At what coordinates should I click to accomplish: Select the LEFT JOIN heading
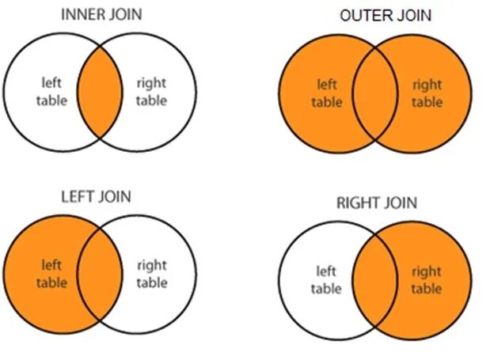pyautogui.click(x=96, y=195)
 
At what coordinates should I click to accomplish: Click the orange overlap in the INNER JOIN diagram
pyautogui.click(x=101, y=91)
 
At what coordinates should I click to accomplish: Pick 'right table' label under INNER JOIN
pyautogui.click(x=152, y=91)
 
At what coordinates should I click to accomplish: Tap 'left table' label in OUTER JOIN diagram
pyautogui.click(x=327, y=92)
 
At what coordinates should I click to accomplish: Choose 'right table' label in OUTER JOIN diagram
pyautogui.click(x=427, y=92)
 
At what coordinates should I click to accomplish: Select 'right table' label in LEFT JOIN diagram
pyautogui.click(x=152, y=274)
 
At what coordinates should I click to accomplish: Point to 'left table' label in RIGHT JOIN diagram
pyautogui.click(x=326, y=280)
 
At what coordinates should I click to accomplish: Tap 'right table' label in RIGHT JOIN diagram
pyautogui.click(x=427, y=280)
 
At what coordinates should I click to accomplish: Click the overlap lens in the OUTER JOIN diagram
pyautogui.click(x=376, y=93)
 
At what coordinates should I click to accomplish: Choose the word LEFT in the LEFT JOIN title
pyautogui.click(x=77, y=195)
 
